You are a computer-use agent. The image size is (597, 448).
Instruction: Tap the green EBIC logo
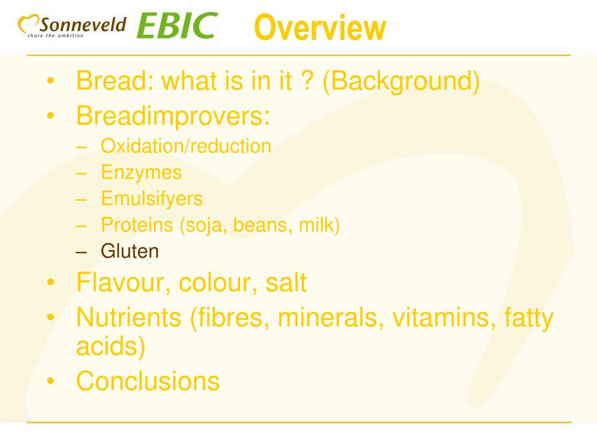click(x=177, y=26)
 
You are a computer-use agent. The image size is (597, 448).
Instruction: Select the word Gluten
click(x=129, y=251)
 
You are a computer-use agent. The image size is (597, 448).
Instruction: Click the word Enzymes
click(x=141, y=173)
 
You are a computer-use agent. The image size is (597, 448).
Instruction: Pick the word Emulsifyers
click(x=152, y=199)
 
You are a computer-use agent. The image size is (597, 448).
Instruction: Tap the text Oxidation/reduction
click(x=186, y=146)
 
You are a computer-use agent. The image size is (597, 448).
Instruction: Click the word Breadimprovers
click(x=173, y=116)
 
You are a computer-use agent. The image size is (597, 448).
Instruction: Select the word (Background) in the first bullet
click(x=402, y=82)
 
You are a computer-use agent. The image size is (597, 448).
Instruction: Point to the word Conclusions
click(x=148, y=381)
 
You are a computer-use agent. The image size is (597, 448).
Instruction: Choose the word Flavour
click(x=123, y=283)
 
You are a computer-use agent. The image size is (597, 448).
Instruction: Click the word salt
click(x=286, y=283)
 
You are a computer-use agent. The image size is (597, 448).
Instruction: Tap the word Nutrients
click(x=129, y=318)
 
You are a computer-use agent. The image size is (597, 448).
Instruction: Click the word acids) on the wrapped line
click(x=110, y=346)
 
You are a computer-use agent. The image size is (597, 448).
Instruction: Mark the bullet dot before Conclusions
click(x=52, y=381)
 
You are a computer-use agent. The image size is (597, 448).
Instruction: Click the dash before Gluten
click(x=82, y=252)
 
